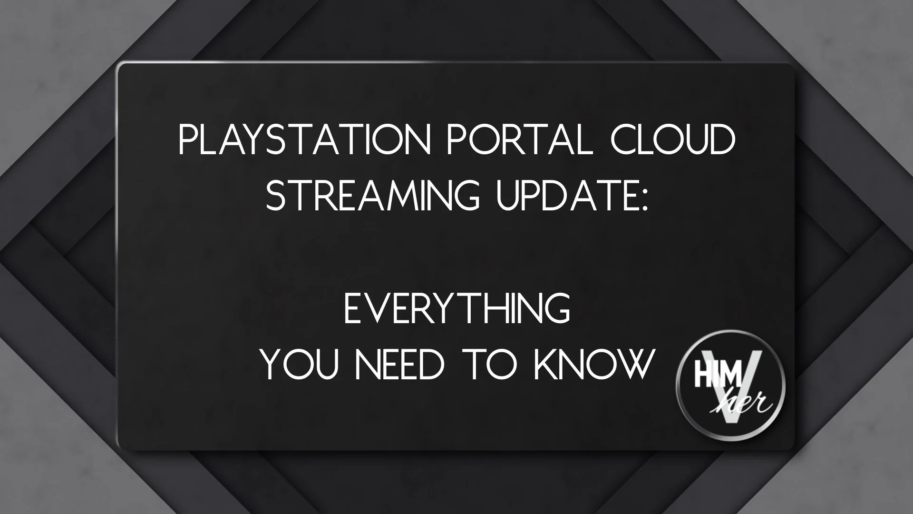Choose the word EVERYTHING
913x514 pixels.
(456, 309)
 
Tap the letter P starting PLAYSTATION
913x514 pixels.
(187, 140)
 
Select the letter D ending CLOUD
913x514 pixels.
(720, 140)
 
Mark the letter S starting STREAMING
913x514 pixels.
(274, 195)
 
